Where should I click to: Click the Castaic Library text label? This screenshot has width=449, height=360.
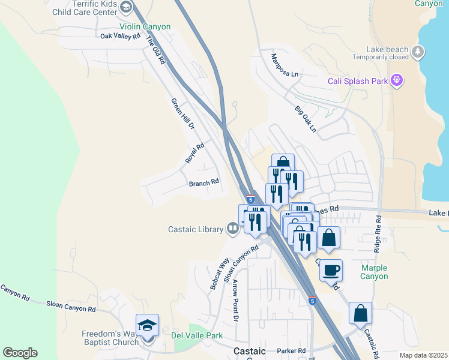coord(194,229)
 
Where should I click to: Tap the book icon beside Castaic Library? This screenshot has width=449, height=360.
coord(232,228)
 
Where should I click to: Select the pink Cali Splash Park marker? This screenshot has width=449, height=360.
coord(396,80)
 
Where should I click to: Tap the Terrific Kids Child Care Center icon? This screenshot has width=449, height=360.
coord(125,7)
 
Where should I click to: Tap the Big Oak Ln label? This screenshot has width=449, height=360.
coord(305,119)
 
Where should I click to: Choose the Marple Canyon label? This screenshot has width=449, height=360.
coord(375,272)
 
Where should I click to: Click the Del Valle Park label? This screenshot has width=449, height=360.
coord(197,335)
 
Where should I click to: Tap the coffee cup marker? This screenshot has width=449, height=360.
coord(331,270)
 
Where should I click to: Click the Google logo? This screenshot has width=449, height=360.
coord(20,353)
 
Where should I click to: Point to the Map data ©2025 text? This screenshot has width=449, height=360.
coord(423,355)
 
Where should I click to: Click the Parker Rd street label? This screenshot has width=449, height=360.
coord(291,350)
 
